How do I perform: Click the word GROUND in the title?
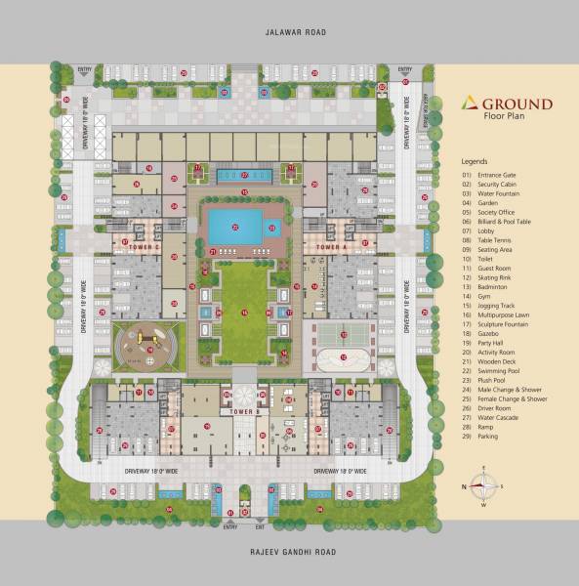click(x=517, y=103)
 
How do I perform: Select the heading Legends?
click(x=475, y=158)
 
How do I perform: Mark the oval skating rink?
click(x=346, y=359)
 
